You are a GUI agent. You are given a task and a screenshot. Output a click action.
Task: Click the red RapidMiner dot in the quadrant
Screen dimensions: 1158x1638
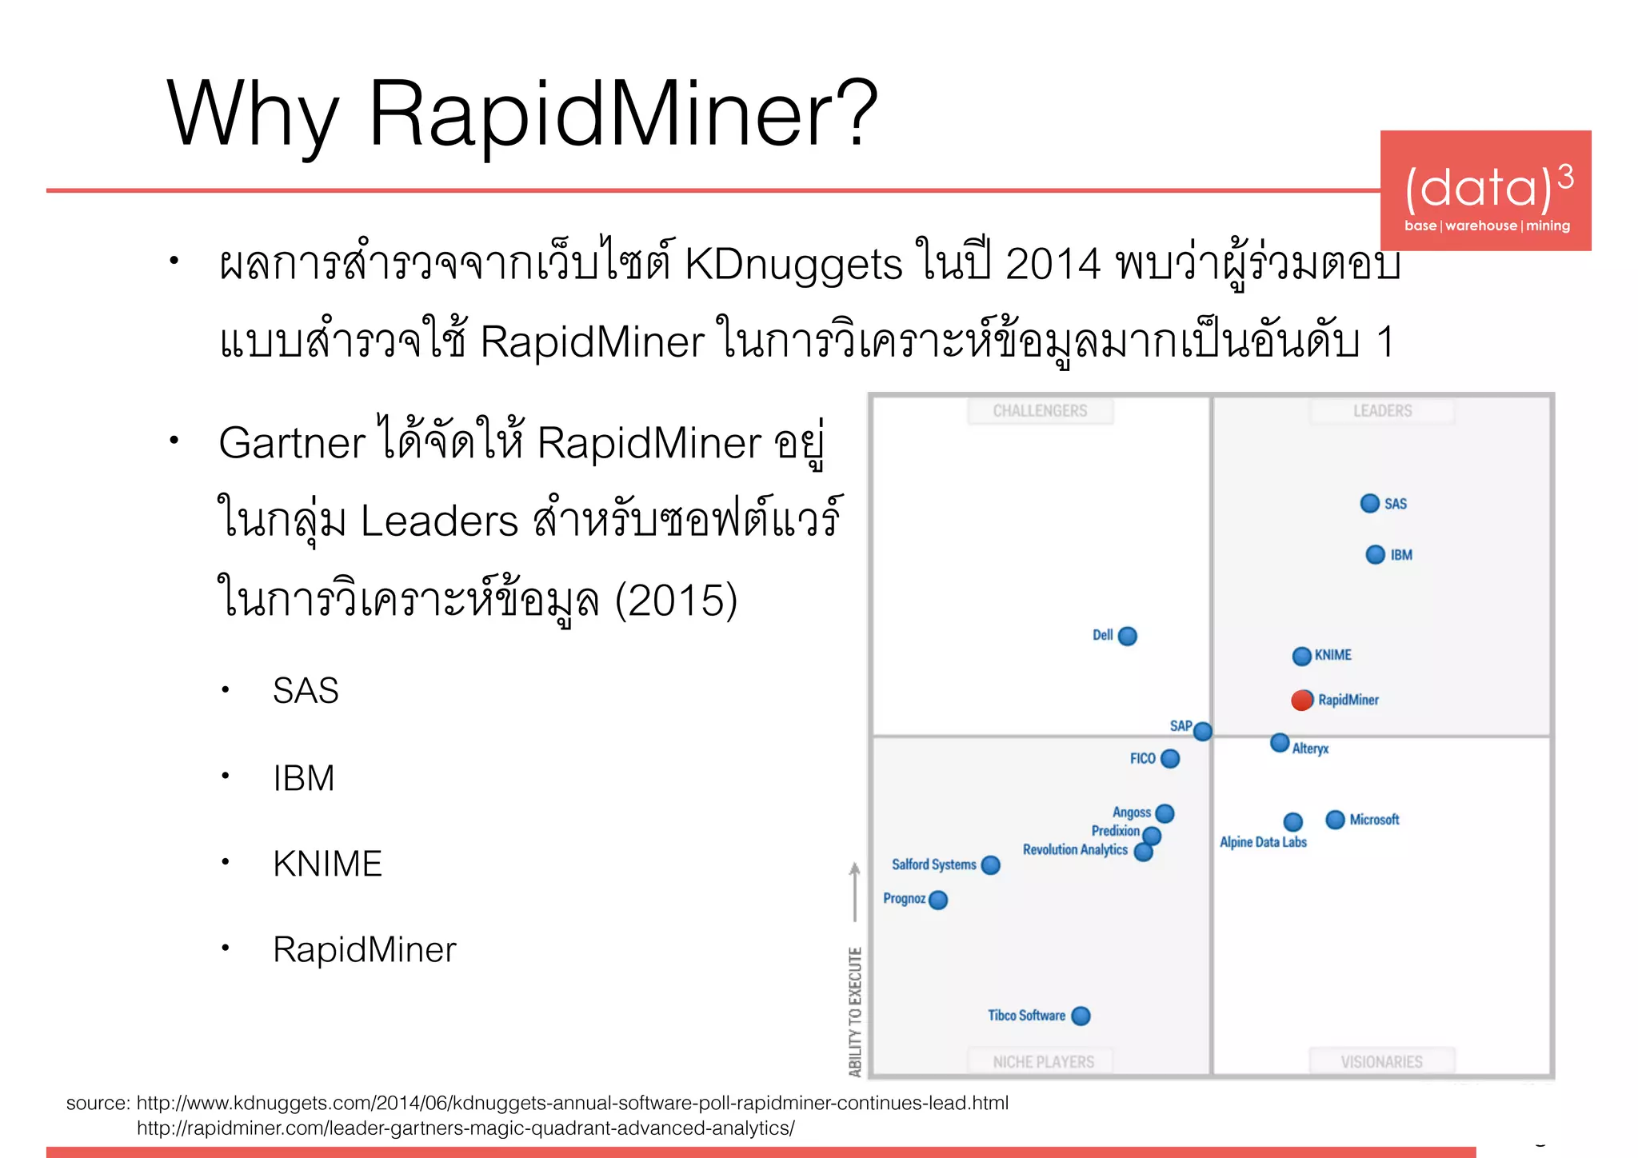point(1302,700)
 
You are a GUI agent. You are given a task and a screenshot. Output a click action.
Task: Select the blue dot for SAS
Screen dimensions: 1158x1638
point(1369,503)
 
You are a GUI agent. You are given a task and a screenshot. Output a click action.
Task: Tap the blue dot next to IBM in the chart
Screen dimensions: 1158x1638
point(1375,554)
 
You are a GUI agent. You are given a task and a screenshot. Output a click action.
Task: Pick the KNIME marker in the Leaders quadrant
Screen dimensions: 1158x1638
point(1301,656)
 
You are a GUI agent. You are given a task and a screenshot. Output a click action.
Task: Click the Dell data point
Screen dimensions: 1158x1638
point(1127,636)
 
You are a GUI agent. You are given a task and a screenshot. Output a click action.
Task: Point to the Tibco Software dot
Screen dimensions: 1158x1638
point(1081,1016)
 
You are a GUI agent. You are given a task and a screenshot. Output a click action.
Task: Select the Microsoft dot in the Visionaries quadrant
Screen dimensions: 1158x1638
point(1335,820)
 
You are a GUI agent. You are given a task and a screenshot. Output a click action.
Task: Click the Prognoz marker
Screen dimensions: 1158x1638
point(938,900)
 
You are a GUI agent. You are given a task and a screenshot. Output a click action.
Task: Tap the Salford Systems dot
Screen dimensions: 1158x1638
point(990,865)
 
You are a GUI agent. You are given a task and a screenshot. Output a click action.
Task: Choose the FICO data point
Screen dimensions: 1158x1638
point(1170,758)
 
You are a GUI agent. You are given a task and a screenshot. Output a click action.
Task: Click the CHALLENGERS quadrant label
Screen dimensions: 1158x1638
point(1040,411)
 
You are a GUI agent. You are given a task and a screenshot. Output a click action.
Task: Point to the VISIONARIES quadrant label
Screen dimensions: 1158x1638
point(1381,1062)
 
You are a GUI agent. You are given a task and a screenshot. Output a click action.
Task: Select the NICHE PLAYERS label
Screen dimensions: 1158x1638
point(1043,1062)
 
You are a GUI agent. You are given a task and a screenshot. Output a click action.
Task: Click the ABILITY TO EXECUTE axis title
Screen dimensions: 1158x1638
point(855,1012)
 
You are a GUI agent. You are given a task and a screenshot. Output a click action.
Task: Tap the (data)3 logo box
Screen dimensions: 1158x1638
point(1485,191)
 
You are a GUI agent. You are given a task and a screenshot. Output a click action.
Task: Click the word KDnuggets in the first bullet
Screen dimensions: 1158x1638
point(793,265)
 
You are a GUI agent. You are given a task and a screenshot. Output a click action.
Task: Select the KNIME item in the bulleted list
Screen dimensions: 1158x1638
point(327,864)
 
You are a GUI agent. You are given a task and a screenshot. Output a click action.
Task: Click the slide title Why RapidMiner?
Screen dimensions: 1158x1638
point(521,114)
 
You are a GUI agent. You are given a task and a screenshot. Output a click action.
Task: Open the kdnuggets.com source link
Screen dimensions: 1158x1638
point(572,1103)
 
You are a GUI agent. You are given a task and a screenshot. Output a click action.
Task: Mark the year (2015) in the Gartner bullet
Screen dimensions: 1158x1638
point(676,601)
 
